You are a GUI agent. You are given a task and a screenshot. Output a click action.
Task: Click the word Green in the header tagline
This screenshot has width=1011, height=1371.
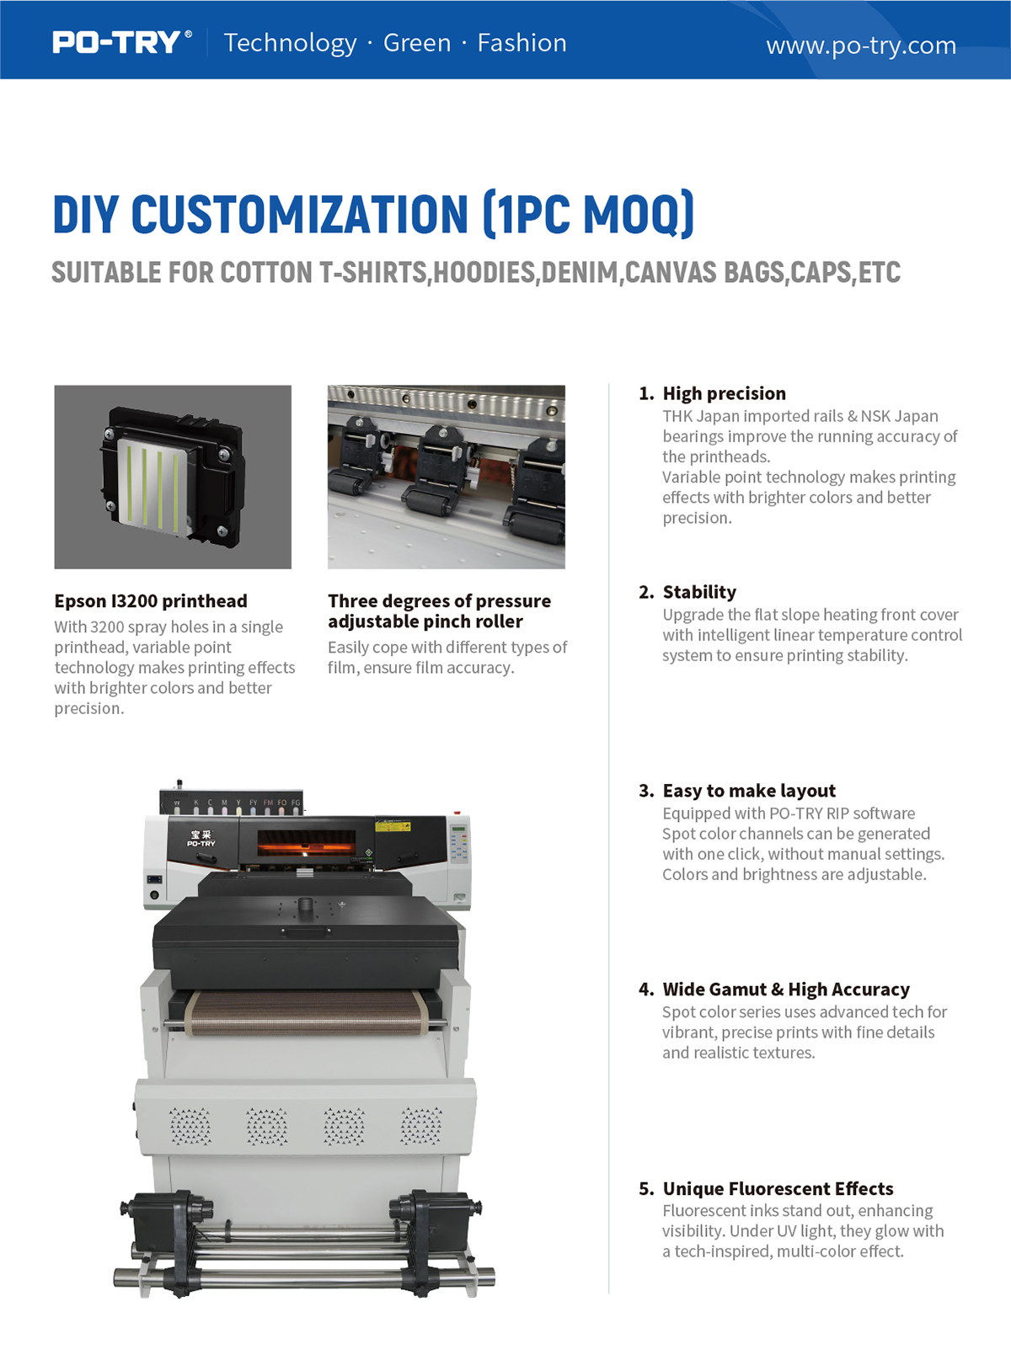click(x=417, y=43)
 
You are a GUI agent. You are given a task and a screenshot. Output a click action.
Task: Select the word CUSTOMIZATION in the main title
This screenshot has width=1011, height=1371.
click(x=300, y=214)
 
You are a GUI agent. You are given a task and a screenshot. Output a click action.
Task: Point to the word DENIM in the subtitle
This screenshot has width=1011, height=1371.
click(x=580, y=272)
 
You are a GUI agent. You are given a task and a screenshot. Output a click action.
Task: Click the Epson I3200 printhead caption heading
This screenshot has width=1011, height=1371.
click(x=151, y=601)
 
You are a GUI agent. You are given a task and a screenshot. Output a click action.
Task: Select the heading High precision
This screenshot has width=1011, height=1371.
click(x=725, y=393)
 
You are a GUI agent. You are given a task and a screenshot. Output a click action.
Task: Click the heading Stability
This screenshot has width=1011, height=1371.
click(x=699, y=592)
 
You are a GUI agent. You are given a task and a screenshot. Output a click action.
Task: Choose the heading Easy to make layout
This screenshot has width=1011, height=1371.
click(x=749, y=791)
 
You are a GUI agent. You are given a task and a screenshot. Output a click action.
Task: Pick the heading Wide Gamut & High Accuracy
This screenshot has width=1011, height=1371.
click(x=786, y=989)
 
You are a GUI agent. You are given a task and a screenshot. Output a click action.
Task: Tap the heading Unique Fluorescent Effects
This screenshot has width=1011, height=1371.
click(x=778, y=1188)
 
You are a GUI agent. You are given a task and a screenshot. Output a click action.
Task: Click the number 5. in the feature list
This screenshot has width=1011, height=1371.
click(x=647, y=1188)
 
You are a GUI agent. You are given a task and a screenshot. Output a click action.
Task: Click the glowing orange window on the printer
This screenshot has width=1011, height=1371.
click(x=306, y=843)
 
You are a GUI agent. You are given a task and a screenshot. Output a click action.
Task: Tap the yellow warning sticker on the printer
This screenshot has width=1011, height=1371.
click(x=388, y=826)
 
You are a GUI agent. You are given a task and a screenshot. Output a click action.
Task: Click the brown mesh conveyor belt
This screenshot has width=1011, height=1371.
click(x=306, y=1013)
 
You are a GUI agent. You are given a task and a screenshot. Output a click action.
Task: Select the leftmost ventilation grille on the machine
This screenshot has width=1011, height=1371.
click(x=190, y=1126)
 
